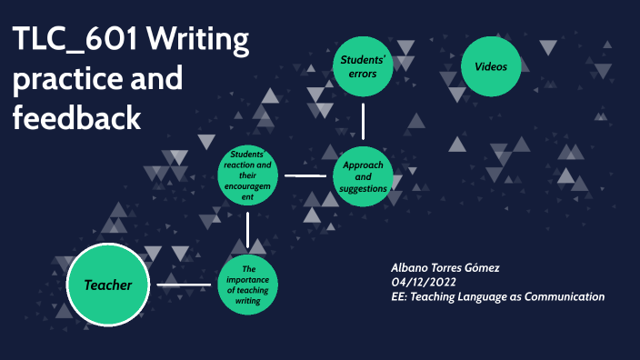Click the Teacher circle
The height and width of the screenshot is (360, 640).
point(108,285)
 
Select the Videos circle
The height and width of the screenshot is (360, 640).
point(497,66)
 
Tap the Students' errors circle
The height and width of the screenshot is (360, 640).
point(364,66)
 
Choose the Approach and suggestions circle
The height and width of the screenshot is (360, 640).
point(364,175)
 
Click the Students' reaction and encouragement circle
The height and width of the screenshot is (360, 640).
point(247,175)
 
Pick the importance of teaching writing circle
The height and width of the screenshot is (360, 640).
point(247,285)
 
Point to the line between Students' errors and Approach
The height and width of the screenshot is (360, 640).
point(364,120)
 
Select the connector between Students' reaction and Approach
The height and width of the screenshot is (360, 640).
point(305,175)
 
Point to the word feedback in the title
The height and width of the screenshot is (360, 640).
point(76,118)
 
